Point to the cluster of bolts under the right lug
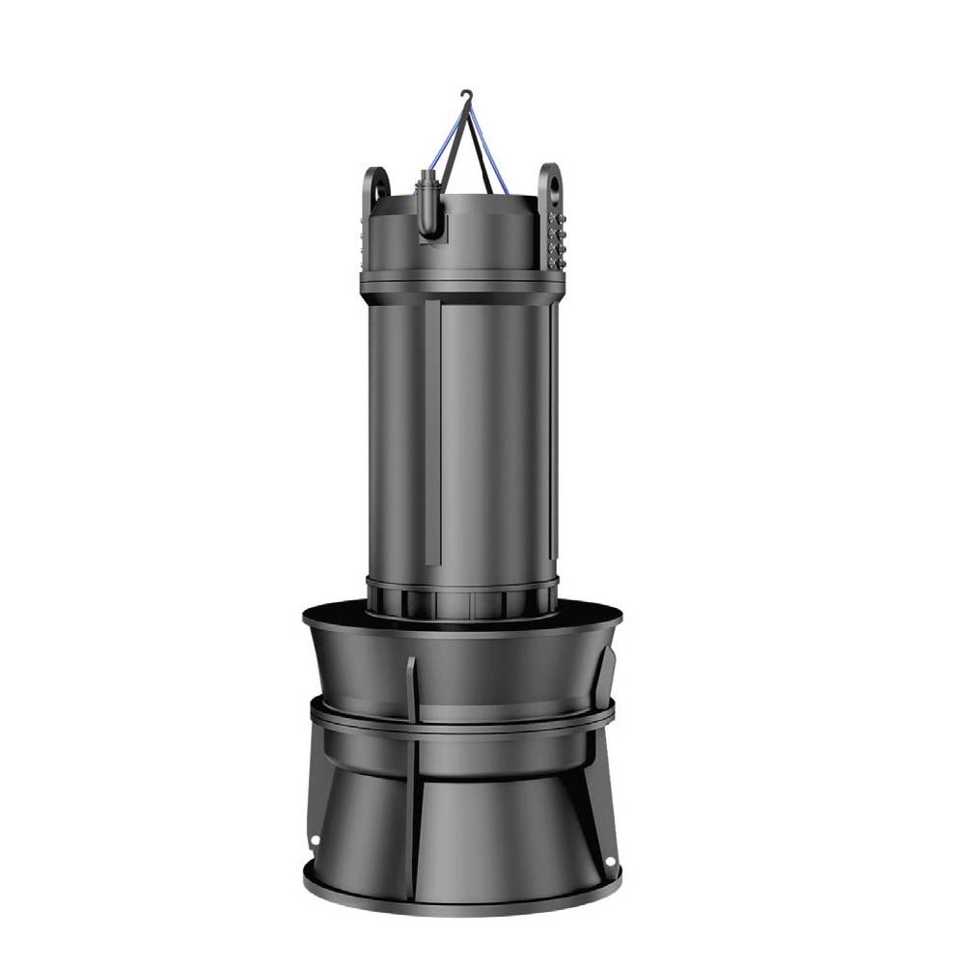pos(556,237)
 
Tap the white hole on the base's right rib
pos(609,859)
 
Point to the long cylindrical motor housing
pos(461,434)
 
